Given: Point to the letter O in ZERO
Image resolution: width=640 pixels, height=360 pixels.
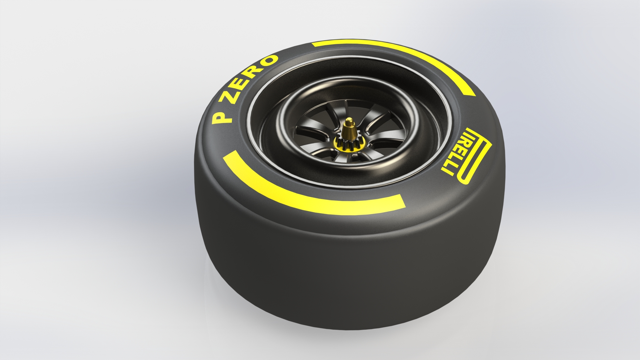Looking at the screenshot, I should [269, 60].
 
